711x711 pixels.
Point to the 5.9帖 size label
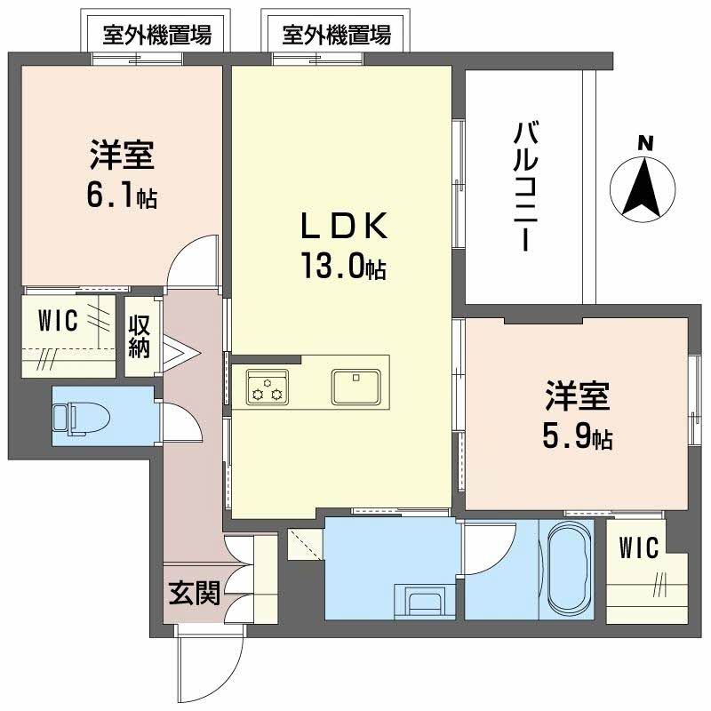(x=578, y=436)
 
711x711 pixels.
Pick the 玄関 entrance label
(x=194, y=594)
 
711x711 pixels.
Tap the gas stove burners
(x=267, y=387)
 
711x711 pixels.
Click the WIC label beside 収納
(x=59, y=320)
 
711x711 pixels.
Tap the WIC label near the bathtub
(x=639, y=548)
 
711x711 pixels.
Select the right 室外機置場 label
(x=337, y=36)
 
